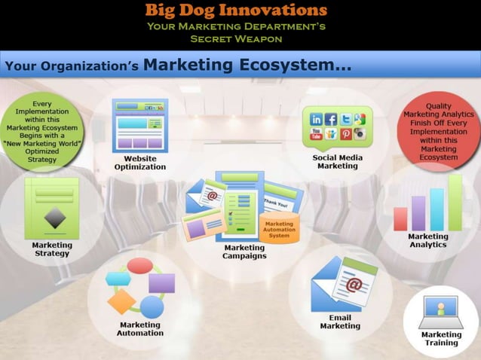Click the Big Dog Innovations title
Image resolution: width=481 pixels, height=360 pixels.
pyautogui.click(x=237, y=11)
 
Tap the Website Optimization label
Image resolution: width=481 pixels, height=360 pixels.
pyautogui.click(x=140, y=163)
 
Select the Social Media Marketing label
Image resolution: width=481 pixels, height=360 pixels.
pyautogui.click(x=338, y=161)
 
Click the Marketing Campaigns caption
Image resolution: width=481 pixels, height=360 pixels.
pyautogui.click(x=244, y=252)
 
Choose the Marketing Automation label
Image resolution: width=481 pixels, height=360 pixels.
pyautogui.click(x=140, y=329)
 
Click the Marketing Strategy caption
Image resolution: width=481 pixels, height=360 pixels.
pyautogui.click(x=51, y=249)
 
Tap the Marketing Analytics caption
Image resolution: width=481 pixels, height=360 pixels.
pyautogui.click(x=427, y=240)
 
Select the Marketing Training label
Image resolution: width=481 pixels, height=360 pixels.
pyautogui.click(x=441, y=338)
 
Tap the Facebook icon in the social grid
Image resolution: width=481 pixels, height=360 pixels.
pyautogui.click(x=330, y=119)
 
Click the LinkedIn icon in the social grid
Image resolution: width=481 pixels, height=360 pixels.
pyautogui.click(x=315, y=119)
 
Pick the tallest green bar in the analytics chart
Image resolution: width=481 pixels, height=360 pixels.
pyautogui.click(x=455, y=203)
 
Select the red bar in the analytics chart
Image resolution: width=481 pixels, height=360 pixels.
pyautogui.click(x=400, y=218)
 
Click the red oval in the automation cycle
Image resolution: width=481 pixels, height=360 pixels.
pyautogui.click(x=140, y=265)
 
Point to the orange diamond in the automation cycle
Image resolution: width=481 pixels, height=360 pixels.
pyautogui.click(x=121, y=301)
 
